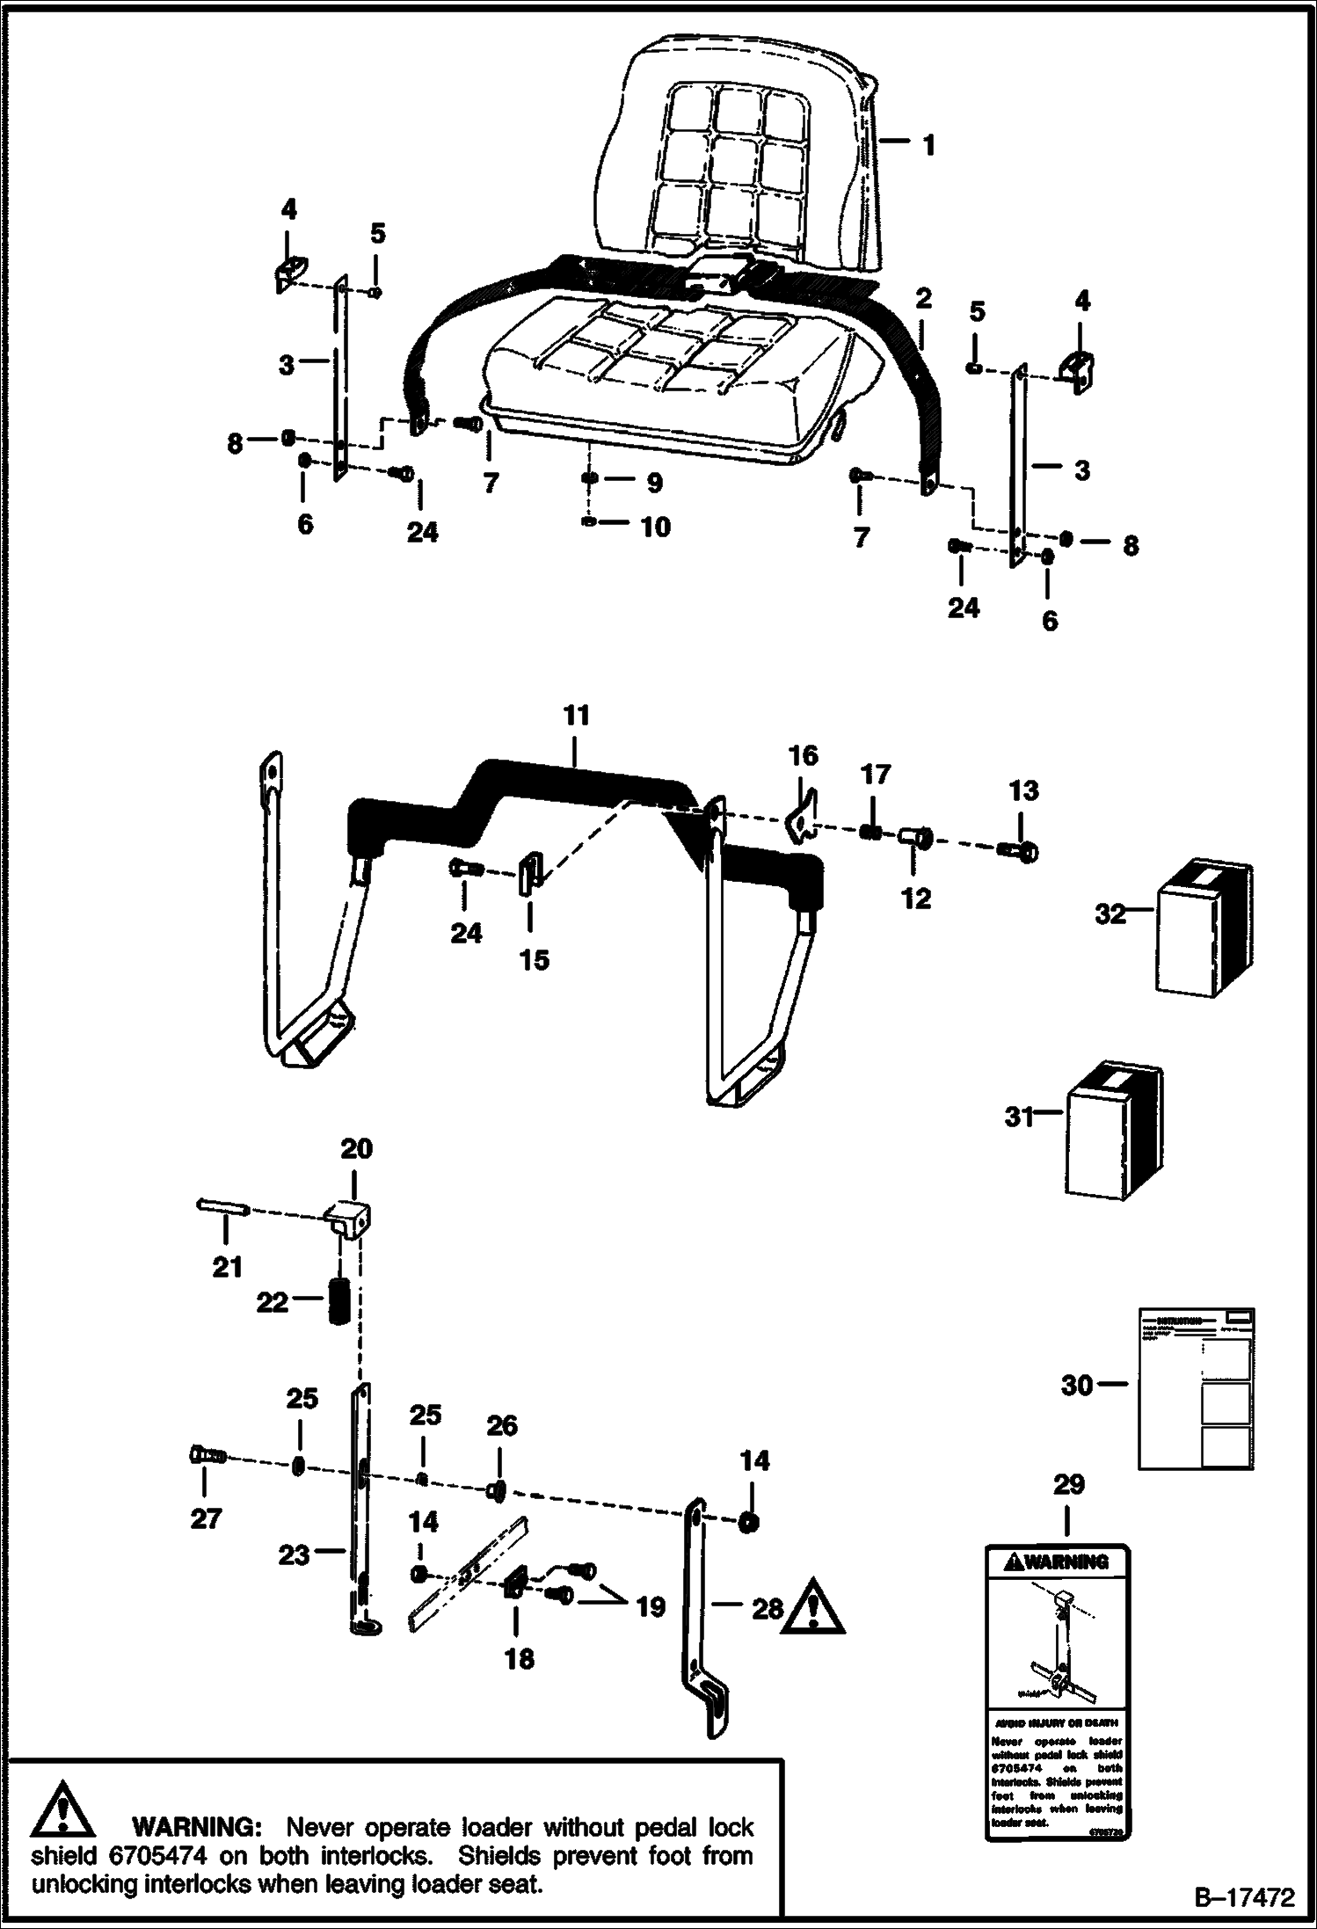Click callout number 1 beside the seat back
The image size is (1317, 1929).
928,144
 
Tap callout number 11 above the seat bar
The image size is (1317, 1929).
576,716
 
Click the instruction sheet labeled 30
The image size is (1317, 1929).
1196,1387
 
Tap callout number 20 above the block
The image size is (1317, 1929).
356,1149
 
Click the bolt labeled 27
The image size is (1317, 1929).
207,1457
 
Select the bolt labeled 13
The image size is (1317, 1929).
1018,850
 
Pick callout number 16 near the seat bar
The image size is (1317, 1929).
804,756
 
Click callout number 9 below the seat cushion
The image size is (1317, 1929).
654,483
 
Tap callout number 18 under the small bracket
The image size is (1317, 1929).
519,1659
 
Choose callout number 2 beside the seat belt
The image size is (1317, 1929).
922,299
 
